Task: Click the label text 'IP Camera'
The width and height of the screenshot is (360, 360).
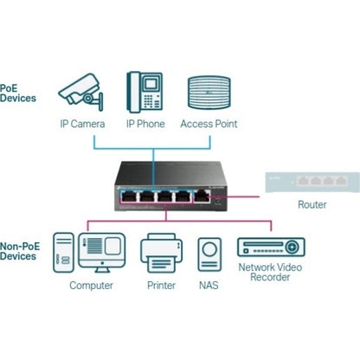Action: (x=82, y=124)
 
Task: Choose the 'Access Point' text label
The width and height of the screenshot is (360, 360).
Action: (x=209, y=124)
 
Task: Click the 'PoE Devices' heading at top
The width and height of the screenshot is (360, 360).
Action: (x=18, y=93)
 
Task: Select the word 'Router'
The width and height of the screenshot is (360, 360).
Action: (x=312, y=205)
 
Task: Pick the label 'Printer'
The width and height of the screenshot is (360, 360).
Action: (x=160, y=285)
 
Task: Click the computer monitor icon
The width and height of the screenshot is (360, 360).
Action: (x=102, y=253)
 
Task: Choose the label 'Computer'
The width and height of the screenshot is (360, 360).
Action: (x=91, y=285)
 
